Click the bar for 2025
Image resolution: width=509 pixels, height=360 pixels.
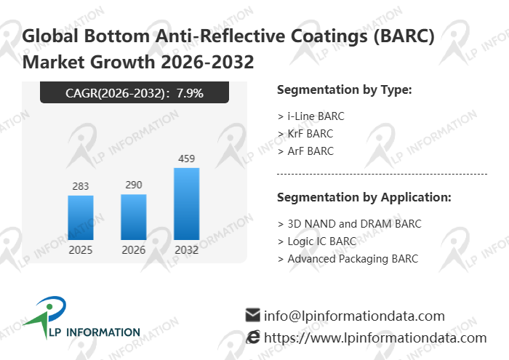[x=81, y=217]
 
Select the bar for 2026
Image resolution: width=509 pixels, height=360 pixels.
[x=134, y=217]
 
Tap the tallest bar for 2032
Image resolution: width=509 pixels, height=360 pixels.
[x=187, y=204]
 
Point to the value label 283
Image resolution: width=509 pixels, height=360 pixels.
[x=81, y=187]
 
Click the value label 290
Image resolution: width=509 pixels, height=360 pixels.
[x=134, y=185]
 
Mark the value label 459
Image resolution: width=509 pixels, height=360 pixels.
[x=187, y=159]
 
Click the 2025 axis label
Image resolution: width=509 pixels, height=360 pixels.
[x=81, y=250]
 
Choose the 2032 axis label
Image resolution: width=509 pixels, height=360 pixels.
[x=187, y=250]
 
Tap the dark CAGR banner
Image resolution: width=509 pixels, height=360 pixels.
[x=135, y=93]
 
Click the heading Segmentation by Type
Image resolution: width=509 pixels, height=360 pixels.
[x=345, y=90]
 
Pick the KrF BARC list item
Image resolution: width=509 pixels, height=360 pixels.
[x=305, y=134]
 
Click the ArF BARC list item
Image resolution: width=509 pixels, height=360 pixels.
[x=305, y=151]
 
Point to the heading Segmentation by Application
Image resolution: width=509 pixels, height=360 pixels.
[x=364, y=198]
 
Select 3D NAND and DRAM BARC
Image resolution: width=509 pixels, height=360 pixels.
[x=349, y=224]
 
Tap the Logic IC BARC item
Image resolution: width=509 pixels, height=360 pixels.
[x=317, y=241]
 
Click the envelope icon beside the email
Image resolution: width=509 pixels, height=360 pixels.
[x=253, y=316]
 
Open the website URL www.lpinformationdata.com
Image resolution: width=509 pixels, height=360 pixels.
[x=374, y=338]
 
